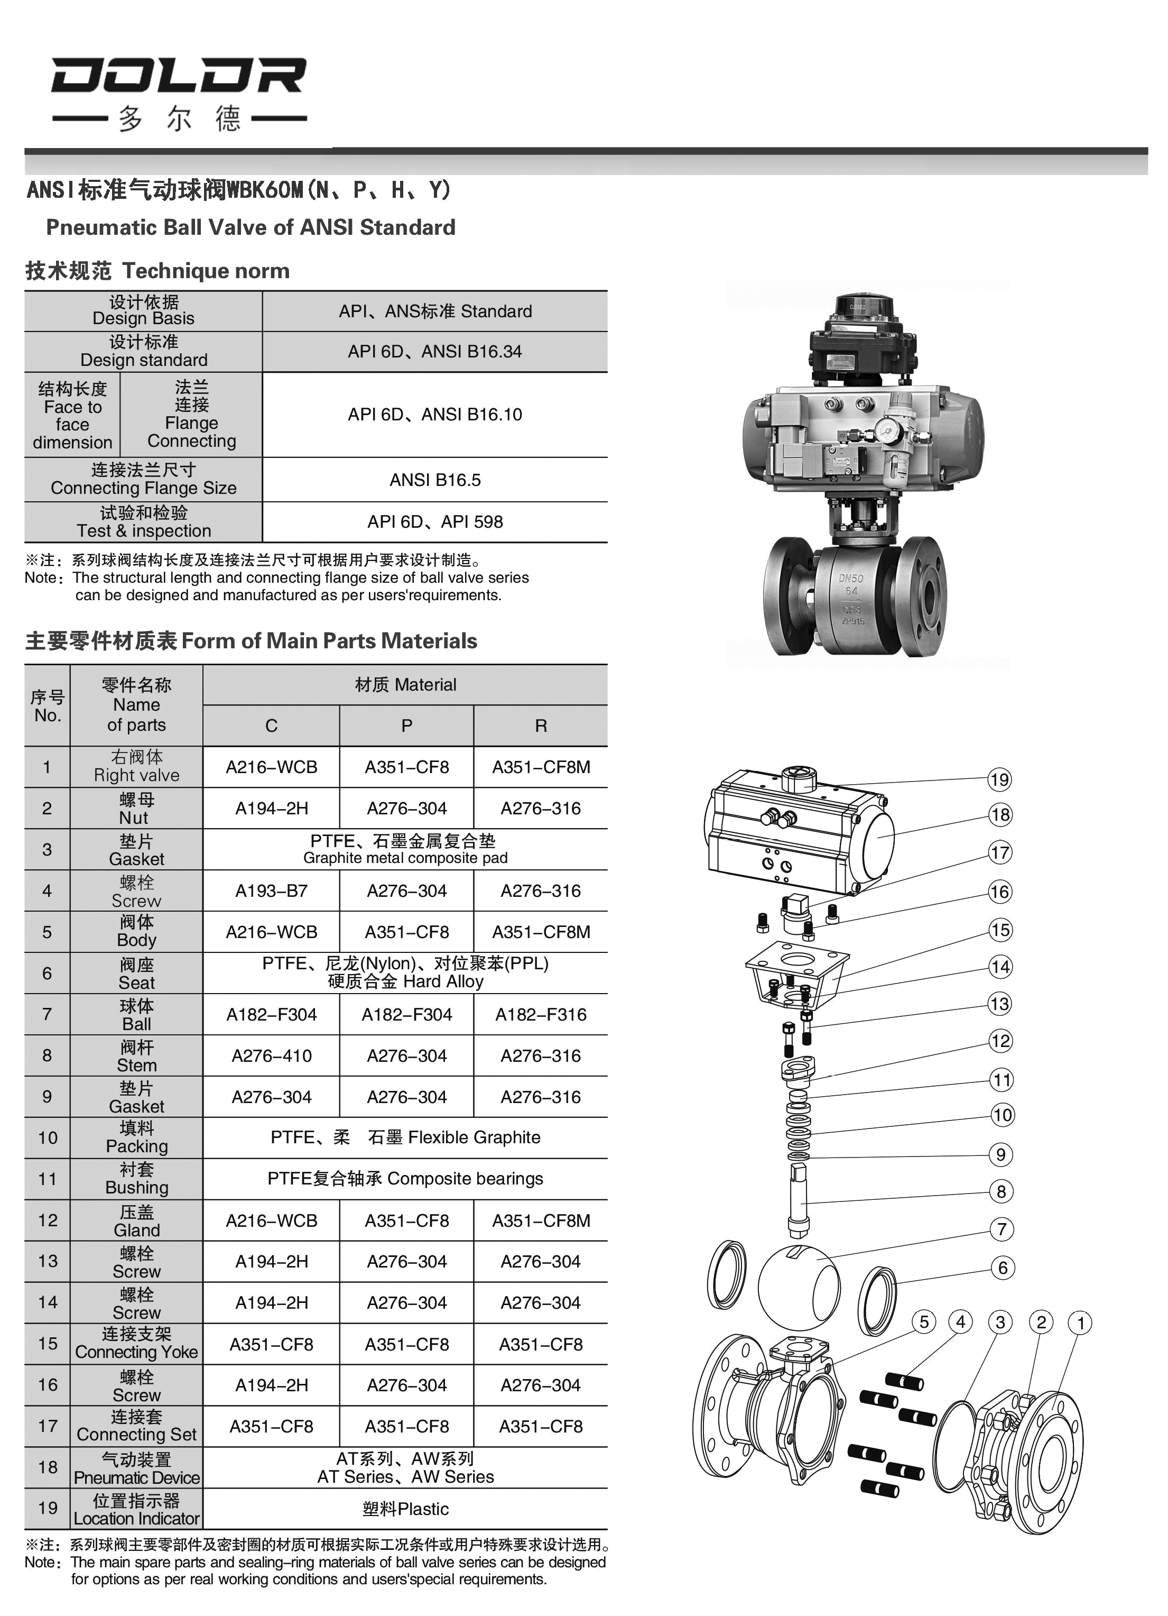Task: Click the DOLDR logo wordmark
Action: (x=178, y=76)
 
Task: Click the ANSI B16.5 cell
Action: (x=434, y=480)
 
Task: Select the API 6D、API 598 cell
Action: (x=434, y=522)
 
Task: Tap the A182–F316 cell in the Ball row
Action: (x=541, y=1015)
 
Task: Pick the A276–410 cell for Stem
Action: (x=271, y=1056)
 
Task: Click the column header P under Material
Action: (x=406, y=726)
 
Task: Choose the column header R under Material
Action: (x=541, y=726)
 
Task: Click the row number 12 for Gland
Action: (x=47, y=1220)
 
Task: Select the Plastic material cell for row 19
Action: (x=405, y=1509)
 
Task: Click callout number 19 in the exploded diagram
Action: (x=999, y=779)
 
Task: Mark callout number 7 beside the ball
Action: (x=1002, y=1229)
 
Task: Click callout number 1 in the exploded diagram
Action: (x=1080, y=1323)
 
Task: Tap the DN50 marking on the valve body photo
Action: (x=851, y=579)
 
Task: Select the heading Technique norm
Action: (x=206, y=271)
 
